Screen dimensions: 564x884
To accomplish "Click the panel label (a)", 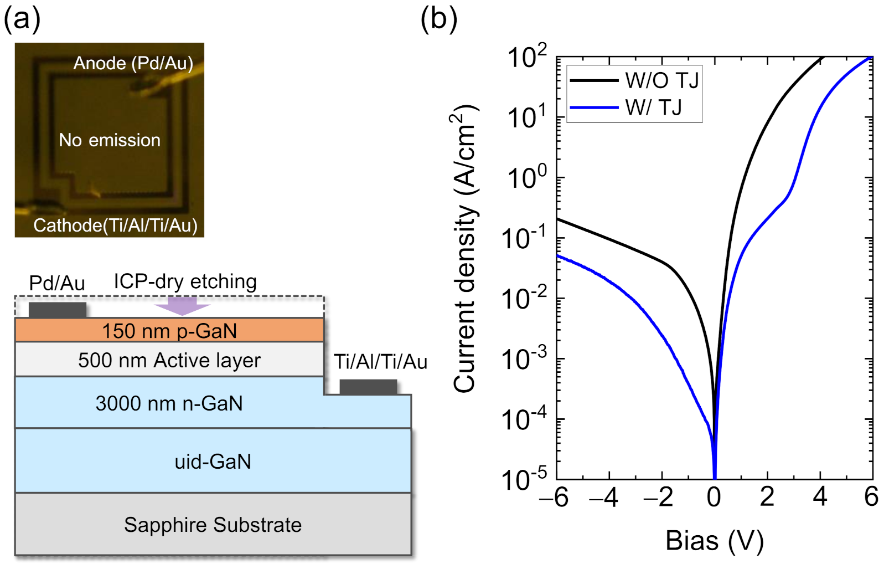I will pyautogui.click(x=22, y=20).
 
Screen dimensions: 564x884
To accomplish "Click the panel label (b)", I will pyautogui.click(x=438, y=20).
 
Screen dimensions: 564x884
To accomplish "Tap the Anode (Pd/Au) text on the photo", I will pyautogui.click(x=133, y=63).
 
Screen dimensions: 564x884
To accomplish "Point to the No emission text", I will pyautogui.click(x=110, y=140).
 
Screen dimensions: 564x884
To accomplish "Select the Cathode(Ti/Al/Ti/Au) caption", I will pyautogui.click(x=115, y=225).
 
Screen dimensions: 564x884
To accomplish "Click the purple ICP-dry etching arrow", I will pyautogui.click(x=182, y=305).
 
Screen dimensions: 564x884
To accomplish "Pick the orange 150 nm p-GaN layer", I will pyautogui.click(x=169, y=331).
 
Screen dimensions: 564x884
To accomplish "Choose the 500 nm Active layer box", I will pyautogui.click(x=169, y=360).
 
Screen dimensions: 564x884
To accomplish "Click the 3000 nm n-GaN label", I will pyautogui.click(x=169, y=403).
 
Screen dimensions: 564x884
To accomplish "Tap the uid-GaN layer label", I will pyautogui.click(x=213, y=462).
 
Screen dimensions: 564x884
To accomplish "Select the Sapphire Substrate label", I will pyautogui.click(x=213, y=525).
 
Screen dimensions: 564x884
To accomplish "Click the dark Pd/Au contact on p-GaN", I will pyautogui.click(x=58, y=310).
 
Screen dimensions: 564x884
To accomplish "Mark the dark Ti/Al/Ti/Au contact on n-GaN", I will pyautogui.click(x=368, y=387).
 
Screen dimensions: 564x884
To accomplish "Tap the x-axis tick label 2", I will pyautogui.click(x=767, y=497).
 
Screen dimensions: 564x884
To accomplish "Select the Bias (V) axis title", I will pyautogui.click(x=714, y=541).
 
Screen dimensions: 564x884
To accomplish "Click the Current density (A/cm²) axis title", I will pyautogui.click(x=466, y=249).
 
